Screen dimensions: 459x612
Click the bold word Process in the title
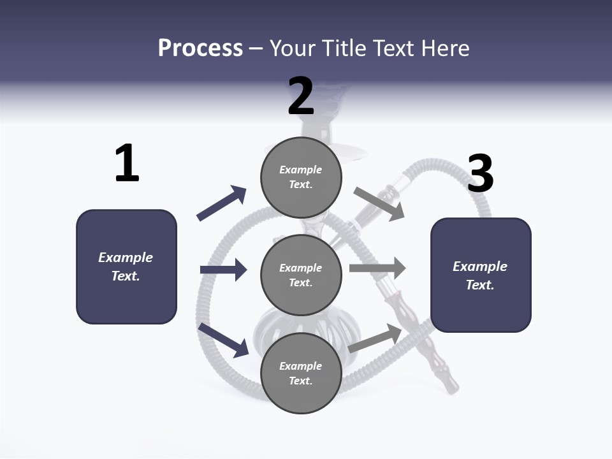click(200, 48)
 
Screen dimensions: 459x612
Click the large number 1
click(127, 163)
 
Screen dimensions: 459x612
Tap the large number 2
click(301, 96)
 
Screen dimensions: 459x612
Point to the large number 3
click(480, 173)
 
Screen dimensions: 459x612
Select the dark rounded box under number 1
click(126, 266)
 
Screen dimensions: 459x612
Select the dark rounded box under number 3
click(481, 275)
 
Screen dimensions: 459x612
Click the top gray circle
click(301, 177)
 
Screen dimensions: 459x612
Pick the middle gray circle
click(301, 275)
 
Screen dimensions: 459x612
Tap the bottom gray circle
click(301, 373)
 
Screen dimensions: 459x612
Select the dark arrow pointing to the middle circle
click(223, 270)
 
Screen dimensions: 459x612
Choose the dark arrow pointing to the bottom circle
click(223, 340)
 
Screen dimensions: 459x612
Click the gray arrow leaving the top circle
click(379, 204)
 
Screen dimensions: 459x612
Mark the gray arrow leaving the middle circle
click(377, 268)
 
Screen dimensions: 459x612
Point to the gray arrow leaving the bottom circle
click(375, 339)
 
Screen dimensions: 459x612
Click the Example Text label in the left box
click(126, 266)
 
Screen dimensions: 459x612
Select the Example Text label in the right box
click(480, 275)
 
